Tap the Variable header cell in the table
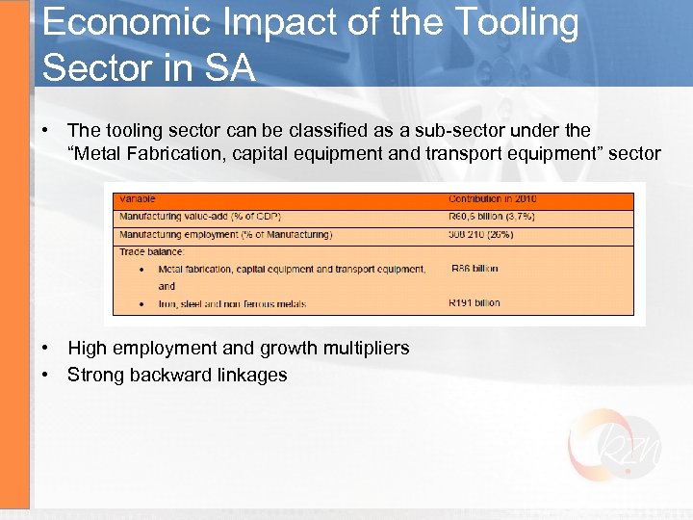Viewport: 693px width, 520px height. coord(136,199)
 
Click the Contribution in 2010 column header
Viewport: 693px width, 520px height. coord(493,199)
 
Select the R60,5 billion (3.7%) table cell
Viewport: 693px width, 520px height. coord(492,217)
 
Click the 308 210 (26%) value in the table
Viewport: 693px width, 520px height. coord(480,234)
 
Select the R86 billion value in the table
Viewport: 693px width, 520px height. coord(475,269)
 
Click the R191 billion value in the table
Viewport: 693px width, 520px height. coord(475,303)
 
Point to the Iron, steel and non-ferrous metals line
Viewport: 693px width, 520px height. coord(232,304)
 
